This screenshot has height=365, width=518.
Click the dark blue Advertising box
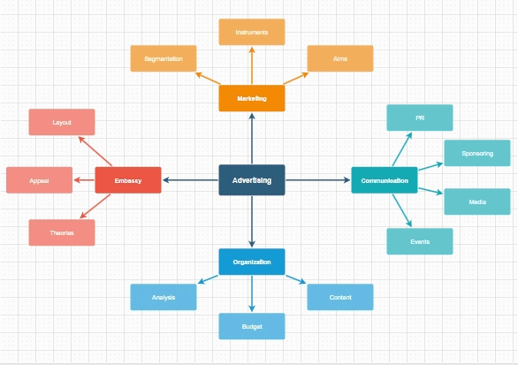coord(252,180)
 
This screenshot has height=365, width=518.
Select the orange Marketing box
coord(252,98)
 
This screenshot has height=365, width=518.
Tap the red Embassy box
coord(128,180)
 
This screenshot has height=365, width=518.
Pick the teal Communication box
coord(385,180)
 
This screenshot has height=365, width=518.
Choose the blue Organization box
coord(252,262)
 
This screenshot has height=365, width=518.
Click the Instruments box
coord(252,32)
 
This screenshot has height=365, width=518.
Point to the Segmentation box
coord(164,58)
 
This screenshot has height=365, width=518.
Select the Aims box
coord(340,58)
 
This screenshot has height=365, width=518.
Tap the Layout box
coord(62,122)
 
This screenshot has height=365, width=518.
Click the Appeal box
coord(39,180)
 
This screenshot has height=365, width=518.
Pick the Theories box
coord(62,232)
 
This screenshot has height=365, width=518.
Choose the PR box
coord(420,118)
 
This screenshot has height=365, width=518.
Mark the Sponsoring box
coord(477,153)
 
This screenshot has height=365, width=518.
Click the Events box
coord(420,241)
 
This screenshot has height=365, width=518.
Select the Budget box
coord(252,326)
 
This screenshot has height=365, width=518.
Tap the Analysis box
coord(164,297)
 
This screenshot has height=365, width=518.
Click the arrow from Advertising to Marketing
coord(252,139)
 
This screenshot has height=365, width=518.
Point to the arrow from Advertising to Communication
coord(318,180)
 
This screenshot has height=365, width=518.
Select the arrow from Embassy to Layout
coord(95,151)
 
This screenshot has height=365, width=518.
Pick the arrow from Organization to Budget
coord(252,293)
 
